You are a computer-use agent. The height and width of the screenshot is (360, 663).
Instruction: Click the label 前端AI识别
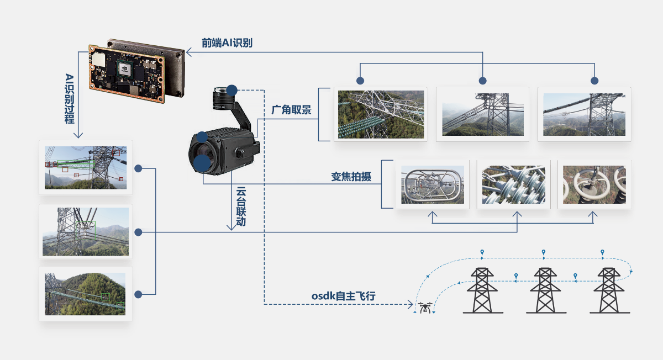(x=227, y=43)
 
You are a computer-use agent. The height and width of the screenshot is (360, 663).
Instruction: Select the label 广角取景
(x=291, y=110)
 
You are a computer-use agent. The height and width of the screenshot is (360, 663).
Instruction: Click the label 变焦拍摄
(x=351, y=177)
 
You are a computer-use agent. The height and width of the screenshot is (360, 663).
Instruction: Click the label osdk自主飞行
(x=343, y=297)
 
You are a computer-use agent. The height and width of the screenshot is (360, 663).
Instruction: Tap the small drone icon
(x=425, y=307)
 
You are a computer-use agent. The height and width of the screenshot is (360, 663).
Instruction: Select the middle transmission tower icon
(x=545, y=290)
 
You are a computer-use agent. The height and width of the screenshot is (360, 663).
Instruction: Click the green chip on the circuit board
(x=125, y=68)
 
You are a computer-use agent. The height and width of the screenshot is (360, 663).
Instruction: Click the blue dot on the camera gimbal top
(x=232, y=89)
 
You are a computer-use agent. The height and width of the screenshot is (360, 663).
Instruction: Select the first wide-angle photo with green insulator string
(x=381, y=114)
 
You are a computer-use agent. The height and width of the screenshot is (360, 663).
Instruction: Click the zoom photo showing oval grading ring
(x=432, y=184)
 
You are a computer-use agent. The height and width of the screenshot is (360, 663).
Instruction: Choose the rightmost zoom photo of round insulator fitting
(x=594, y=184)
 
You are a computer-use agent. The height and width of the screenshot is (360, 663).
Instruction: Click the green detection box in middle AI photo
(x=86, y=230)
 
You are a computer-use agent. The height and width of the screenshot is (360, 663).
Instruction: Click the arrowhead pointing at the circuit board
(x=188, y=52)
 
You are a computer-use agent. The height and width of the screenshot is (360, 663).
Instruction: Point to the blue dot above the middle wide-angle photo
(x=482, y=81)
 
